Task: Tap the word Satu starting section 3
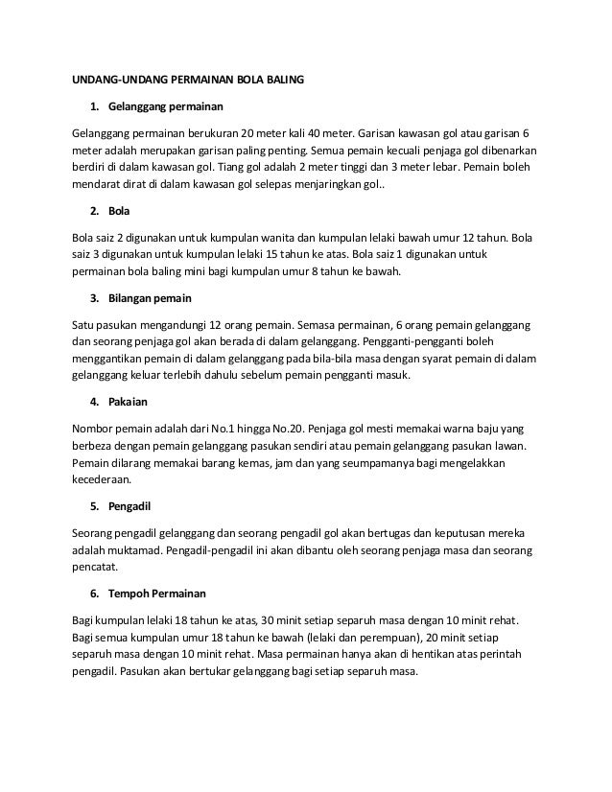pyautogui.click(x=85, y=324)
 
